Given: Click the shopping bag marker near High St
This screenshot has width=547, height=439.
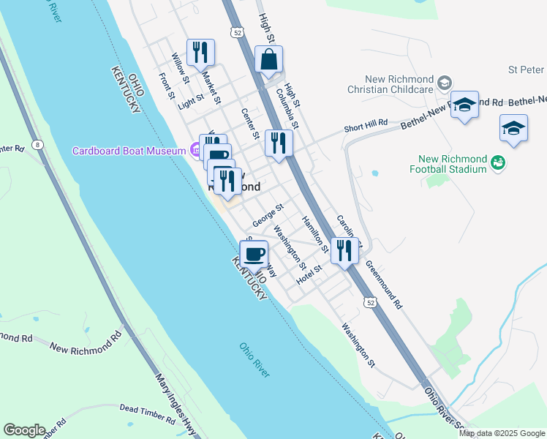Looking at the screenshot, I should tap(269, 60).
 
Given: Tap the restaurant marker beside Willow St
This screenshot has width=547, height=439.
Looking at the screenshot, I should tap(200, 52).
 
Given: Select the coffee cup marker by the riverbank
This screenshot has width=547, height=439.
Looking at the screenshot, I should tap(254, 255).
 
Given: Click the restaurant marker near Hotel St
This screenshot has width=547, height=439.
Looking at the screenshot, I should tap(344, 250).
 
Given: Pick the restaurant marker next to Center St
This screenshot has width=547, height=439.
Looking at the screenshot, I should tap(278, 142).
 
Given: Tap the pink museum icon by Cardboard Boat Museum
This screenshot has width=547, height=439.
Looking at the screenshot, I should tap(195, 151).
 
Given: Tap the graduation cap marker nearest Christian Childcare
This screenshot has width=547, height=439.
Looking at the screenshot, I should tap(464, 105).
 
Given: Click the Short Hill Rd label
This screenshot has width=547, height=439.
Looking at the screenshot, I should tap(366, 127).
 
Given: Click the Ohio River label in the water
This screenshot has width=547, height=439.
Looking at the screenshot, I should tap(254, 359).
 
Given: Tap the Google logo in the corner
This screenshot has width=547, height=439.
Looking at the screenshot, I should tap(24, 430).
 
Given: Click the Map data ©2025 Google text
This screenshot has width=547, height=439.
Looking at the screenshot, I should tap(501, 433).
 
